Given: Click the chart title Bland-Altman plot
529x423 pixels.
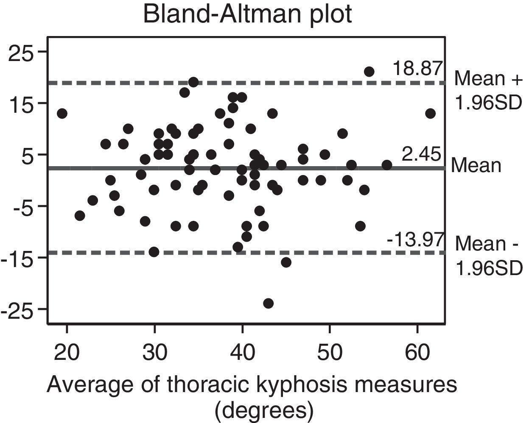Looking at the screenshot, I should [247, 14].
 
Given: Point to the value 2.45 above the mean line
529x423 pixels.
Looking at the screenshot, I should [422, 155].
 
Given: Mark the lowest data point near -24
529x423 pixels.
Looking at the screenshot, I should [268, 303].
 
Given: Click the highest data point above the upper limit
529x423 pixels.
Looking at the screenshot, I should [369, 72].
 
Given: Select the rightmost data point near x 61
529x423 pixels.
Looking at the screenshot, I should [430, 113].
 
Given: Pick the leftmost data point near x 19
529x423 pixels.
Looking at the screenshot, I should [62, 113].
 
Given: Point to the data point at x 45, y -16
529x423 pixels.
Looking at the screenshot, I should [286, 262].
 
